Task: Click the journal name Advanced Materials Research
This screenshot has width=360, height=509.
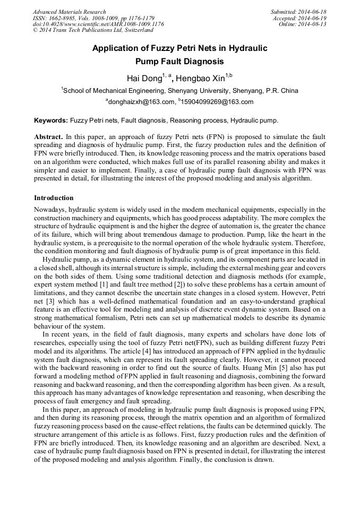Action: tap(69, 12)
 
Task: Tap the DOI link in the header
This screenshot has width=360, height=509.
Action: tap(98, 24)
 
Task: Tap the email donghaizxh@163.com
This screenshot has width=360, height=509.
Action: tap(141, 102)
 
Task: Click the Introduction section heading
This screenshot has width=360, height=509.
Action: tap(54, 198)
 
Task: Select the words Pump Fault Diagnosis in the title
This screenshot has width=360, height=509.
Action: tap(179, 62)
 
